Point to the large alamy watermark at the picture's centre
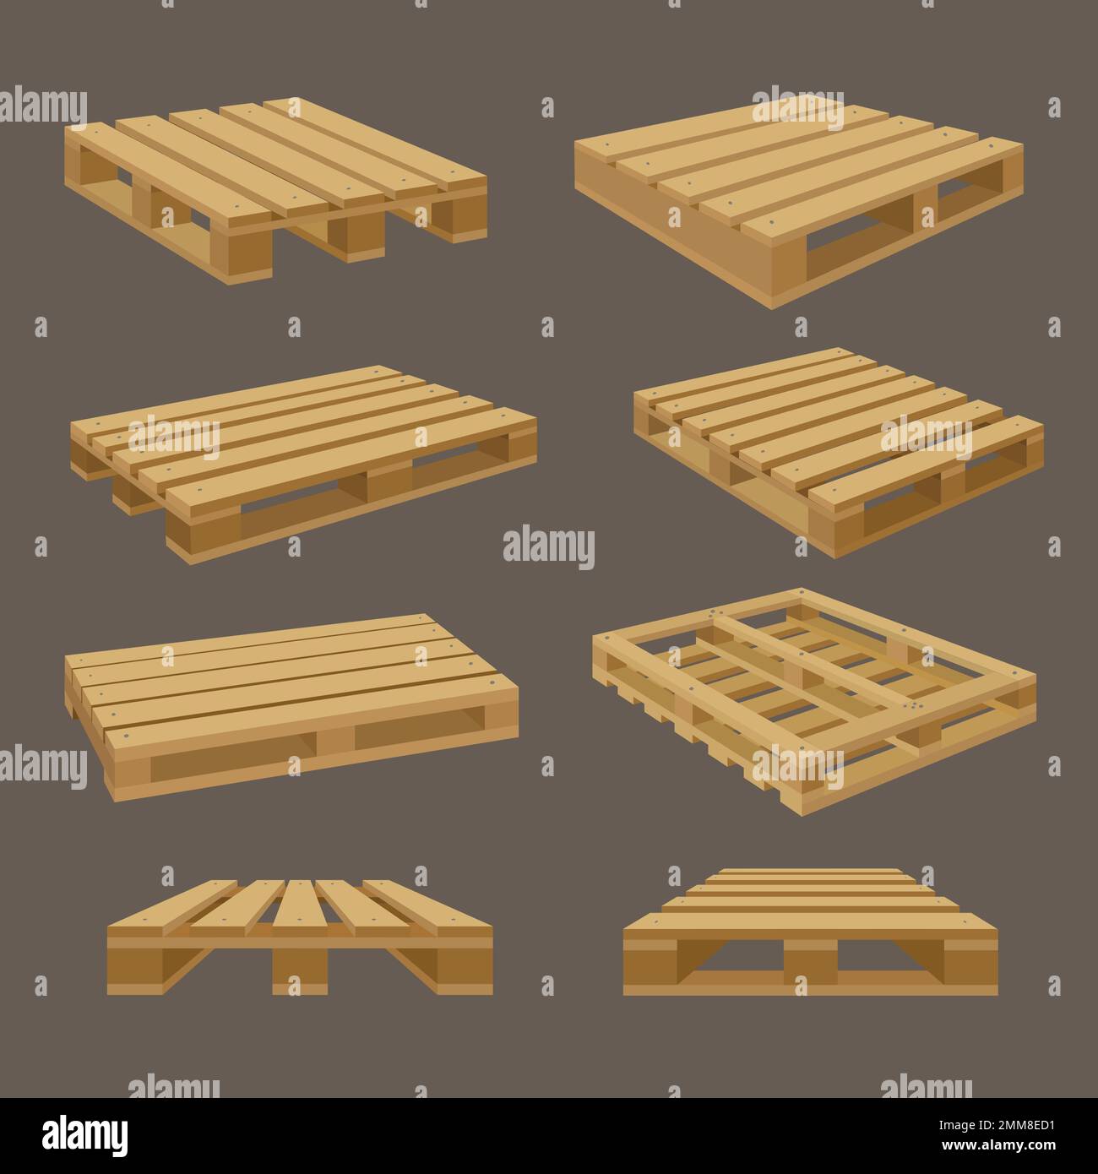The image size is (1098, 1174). tap(548, 547)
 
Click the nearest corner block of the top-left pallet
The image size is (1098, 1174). tap(248, 253)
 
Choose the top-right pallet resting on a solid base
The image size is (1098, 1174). tap(799, 199)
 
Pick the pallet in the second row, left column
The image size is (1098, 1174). tap(304, 456)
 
